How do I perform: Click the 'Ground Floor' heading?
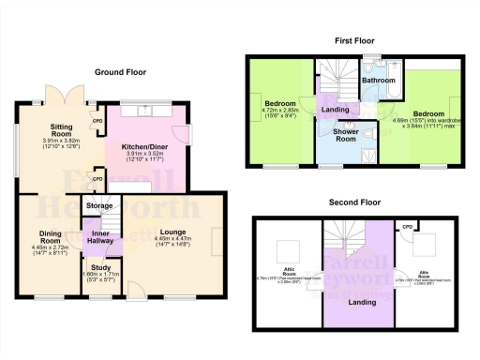point(119,71)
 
